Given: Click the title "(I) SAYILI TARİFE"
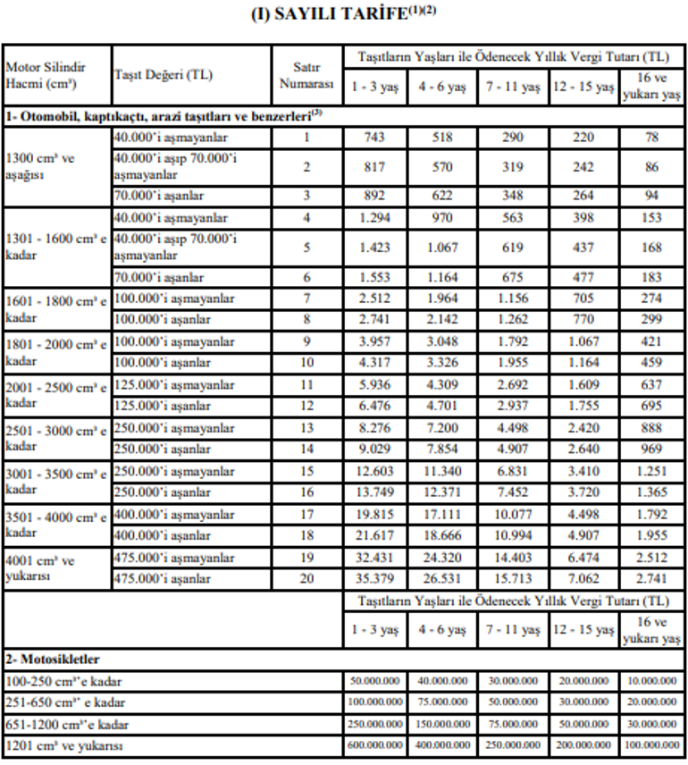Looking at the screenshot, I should tap(344, 17).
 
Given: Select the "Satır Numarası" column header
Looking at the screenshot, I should tap(306, 76).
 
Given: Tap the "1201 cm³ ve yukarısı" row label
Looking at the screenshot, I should tap(64, 745).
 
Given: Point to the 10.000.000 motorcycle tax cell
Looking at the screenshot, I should tap(651, 681).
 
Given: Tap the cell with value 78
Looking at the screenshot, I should tap(651, 138).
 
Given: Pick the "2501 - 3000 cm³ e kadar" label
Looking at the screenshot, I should tap(56, 438).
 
